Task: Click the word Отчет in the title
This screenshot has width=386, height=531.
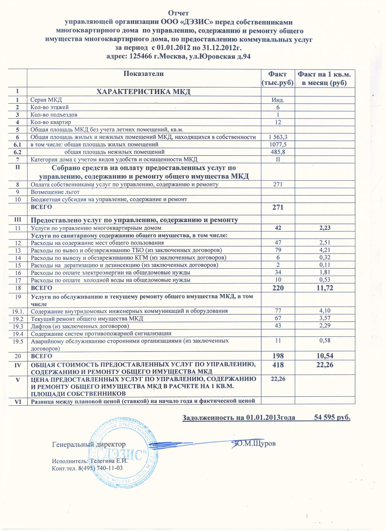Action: pos(178,13)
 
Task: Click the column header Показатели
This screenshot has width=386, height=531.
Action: pos(144,74)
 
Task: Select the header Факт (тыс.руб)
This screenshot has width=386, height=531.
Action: pos(278,78)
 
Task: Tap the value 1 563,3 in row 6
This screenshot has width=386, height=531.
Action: pos(278,137)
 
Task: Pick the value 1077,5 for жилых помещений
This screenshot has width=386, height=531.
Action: pos(278,145)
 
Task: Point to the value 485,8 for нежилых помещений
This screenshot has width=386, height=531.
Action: pos(278,152)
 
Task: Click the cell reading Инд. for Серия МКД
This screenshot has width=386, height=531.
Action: pos(278,100)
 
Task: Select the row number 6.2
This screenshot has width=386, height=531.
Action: pos(18,152)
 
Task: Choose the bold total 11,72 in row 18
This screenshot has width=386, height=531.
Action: pos(325,288)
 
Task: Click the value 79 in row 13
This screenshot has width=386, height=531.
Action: pos(278,250)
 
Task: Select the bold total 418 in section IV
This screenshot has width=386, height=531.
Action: pos(278,365)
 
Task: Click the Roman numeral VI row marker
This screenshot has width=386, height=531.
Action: pos(18,401)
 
